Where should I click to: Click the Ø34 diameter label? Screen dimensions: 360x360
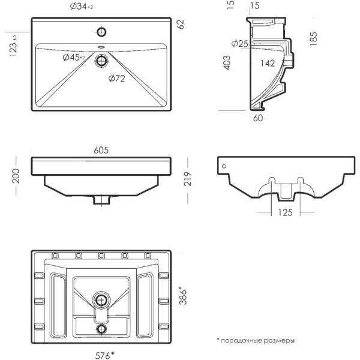point(82,7)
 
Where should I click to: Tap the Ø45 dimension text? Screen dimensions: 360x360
point(74,58)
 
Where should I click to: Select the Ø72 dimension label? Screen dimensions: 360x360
point(116,79)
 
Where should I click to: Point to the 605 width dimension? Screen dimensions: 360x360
point(101,150)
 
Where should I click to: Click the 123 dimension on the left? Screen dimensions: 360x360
point(13,46)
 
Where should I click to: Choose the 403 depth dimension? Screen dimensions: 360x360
point(227,62)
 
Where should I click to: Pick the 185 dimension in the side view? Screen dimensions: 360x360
point(313,38)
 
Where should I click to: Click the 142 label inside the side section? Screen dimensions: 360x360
point(268,63)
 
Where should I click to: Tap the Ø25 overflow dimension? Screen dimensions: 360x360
point(240,43)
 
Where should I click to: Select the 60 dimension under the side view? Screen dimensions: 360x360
point(258,118)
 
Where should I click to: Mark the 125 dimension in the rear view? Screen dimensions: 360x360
point(286,212)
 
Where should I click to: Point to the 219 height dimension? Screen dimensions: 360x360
point(188,179)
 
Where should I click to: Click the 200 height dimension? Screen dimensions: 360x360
point(16,176)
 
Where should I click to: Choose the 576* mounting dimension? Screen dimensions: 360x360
point(104,355)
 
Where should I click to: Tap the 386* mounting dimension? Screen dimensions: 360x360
point(183,295)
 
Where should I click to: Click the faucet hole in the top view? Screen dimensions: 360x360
point(101,32)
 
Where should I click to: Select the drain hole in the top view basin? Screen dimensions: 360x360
point(101,61)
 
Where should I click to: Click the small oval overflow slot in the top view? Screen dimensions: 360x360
point(101,47)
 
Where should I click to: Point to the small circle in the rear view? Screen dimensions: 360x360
point(224,166)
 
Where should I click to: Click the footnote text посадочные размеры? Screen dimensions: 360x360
point(257,340)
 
